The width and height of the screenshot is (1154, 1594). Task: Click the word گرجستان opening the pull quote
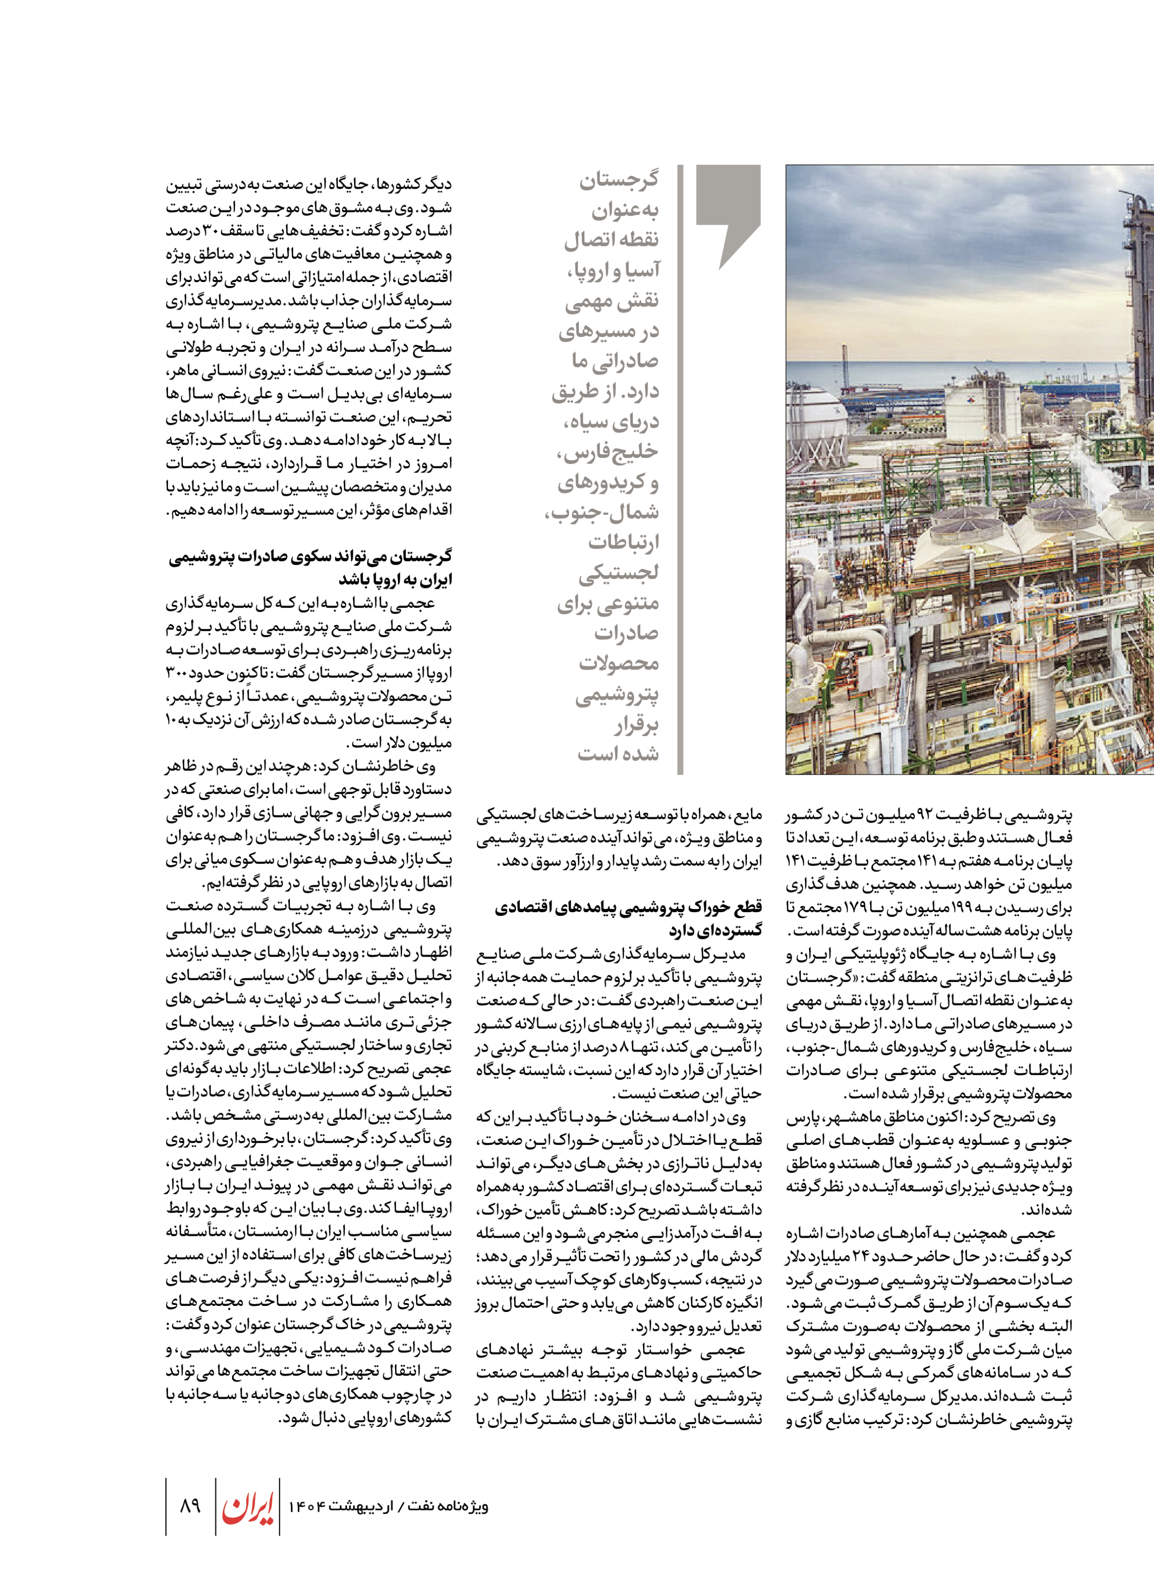pyautogui.click(x=619, y=180)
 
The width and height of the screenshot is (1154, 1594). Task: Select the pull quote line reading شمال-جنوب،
pyautogui.click(x=603, y=512)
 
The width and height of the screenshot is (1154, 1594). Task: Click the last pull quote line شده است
pyautogui.click(x=619, y=754)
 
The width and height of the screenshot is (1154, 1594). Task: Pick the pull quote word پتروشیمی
pyautogui.click(x=617, y=694)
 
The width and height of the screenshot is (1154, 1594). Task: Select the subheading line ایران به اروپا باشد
pyautogui.click(x=396, y=579)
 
